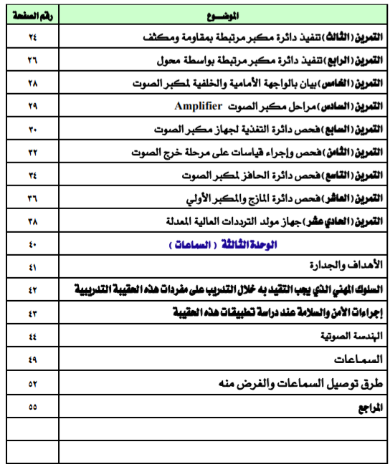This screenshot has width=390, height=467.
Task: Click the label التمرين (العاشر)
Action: click(x=351, y=198)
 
